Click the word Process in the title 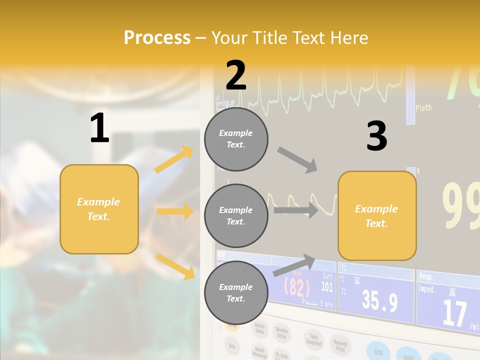tap(157, 38)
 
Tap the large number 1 tap(99, 128)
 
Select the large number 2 tap(236, 75)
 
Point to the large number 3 tap(376, 136)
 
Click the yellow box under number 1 tap(99, 209)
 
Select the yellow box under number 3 tap(377, 215)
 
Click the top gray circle tap(236, 139)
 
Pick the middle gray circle tap(236, 215)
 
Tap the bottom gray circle tap(236, 292)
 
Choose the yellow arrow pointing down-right tap(175, 266)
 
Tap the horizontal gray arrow tap(295, 210)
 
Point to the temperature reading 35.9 tap(379, 301)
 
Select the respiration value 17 tap(454, 313)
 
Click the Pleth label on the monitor tap(423, 107)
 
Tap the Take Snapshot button tap(313, 339)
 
